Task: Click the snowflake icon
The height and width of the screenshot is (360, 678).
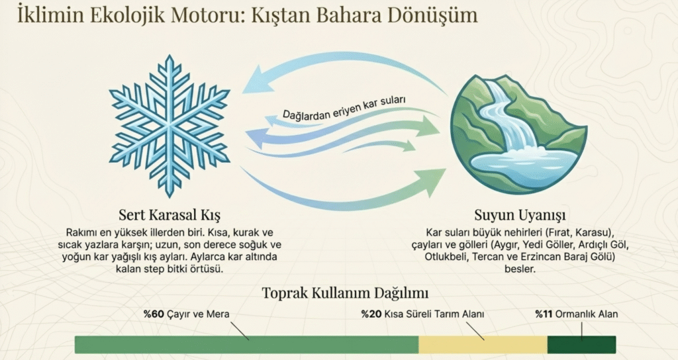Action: click(x=169, y=126)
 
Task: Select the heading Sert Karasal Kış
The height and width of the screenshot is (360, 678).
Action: click(x=169, y=214)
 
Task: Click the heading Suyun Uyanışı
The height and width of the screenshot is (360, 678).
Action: click(x=520, y=214)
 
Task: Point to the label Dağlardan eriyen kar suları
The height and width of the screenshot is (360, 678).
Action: click(x=344, y=107)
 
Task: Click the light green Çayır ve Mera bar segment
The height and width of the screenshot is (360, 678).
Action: click(x=246, y=344)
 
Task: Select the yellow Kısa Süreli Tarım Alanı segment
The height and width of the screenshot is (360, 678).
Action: click(x=483, y=344)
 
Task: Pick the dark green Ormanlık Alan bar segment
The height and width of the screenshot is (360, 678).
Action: click(x=581, y=344)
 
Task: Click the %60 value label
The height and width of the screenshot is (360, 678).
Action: click(x=154, y=314)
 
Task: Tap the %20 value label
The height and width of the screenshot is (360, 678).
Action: click(x=371, y=314)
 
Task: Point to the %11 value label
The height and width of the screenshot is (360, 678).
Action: click(x=544, y=314)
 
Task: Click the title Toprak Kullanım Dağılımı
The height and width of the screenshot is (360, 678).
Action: click(x=345, y=293)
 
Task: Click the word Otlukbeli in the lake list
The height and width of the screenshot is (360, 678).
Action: click(x=447, y=257)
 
